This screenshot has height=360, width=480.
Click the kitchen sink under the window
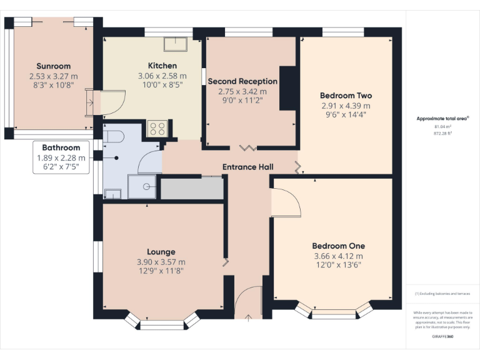(176, 44)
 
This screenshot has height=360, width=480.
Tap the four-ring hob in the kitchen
(156, 129)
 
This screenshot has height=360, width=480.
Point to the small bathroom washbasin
(112, 194)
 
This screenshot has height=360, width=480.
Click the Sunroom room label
(53, 66)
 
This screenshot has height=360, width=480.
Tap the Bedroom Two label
(346, 96)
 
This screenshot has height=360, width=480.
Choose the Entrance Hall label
(248, 167)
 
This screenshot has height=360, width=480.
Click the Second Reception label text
(242, 81)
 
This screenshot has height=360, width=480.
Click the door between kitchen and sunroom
(110, 102)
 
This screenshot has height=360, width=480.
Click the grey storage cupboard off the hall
(192, 189)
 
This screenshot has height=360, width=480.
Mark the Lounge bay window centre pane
(162, 325)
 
